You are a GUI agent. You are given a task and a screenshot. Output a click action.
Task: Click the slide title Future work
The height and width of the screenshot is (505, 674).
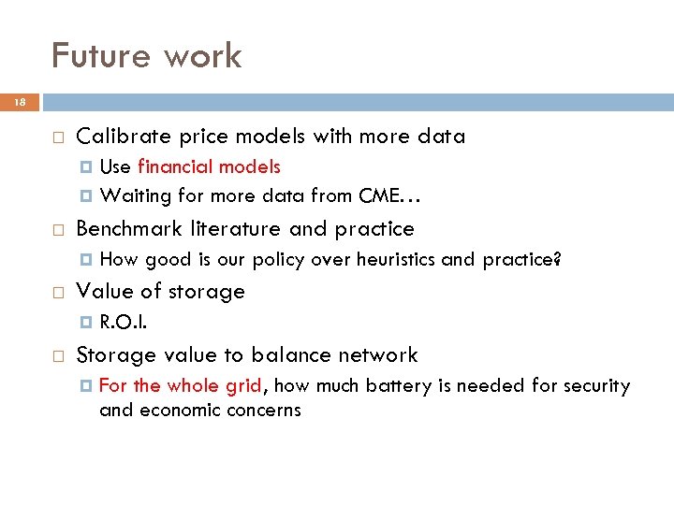tap(146, 56)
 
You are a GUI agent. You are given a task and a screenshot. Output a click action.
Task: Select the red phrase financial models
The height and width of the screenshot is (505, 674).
tap(209, 167)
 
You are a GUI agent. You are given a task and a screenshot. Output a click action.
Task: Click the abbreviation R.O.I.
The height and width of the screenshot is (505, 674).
tap(122, 324)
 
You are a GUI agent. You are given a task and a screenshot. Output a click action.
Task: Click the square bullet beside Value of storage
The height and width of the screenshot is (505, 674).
tap(58, 293)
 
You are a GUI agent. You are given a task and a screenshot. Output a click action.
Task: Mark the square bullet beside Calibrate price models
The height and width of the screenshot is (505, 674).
tap(58, 137)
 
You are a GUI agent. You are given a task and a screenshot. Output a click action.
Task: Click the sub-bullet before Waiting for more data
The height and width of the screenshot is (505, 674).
tap(87, 196)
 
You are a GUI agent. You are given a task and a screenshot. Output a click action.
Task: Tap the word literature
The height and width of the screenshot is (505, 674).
tap(238, 229)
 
